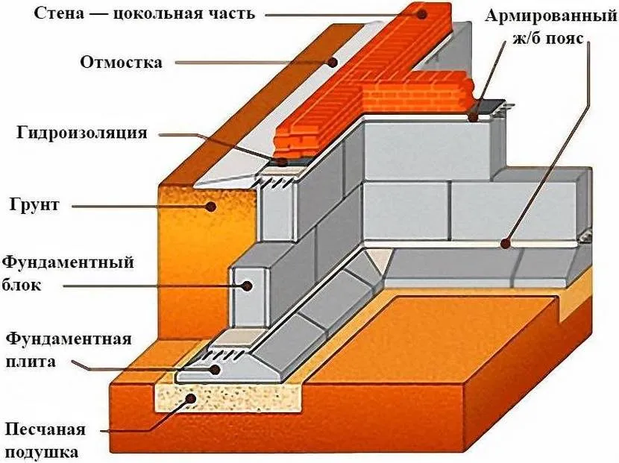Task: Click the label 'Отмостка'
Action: [121, 63]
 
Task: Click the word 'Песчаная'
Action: [45, 430]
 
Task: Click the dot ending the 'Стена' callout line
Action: [421, 13]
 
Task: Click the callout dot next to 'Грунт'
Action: [211, 206]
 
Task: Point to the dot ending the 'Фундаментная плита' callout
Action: [213, 368]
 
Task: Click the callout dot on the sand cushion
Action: [192, 399]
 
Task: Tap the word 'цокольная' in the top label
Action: [166, 13]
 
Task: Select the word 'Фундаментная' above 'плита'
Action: [68, 339]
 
